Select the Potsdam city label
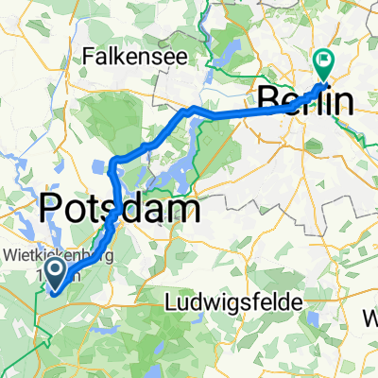(x=119, y=209)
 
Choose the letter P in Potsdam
(x=52, y=209)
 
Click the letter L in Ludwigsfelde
(x=171, y=303)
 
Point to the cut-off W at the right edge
(x=371, y=313)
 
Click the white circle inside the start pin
(x=56, y=272)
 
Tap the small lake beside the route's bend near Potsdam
(x=100, y=171)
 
